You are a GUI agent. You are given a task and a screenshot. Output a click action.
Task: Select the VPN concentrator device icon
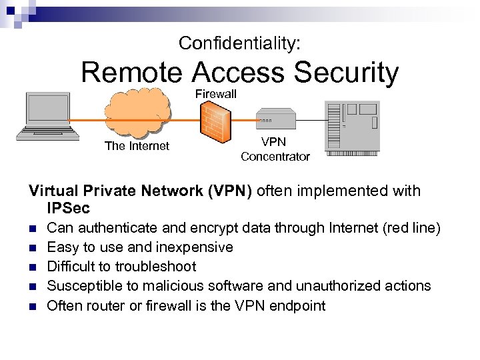[275, 119]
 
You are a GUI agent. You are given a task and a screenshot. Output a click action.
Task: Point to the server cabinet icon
[351, 126]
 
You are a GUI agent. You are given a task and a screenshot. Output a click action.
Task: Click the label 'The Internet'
[137, 146]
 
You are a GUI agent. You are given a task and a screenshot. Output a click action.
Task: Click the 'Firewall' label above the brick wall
[215, 94]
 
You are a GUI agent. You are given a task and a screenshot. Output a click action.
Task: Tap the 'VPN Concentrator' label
[275, 149]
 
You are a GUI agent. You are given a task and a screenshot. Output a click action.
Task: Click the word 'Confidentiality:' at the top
[239, 43]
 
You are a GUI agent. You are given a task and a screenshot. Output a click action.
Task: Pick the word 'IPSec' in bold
[69, 209]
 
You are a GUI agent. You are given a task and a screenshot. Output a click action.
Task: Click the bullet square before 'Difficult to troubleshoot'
[33, 267]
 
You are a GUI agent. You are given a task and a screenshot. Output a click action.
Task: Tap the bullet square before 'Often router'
[33, 306]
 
